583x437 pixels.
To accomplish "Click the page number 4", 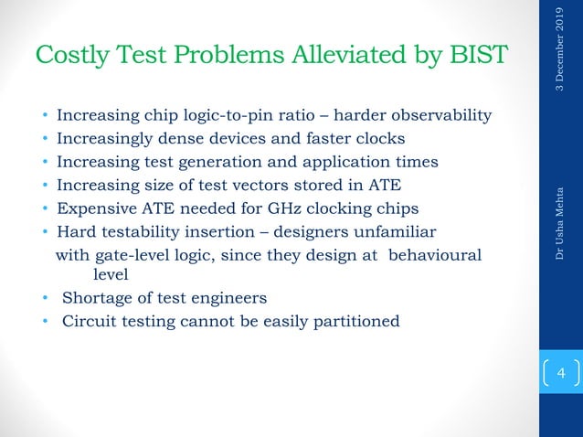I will pos(561,374).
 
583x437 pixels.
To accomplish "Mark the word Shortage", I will pos(97,298).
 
